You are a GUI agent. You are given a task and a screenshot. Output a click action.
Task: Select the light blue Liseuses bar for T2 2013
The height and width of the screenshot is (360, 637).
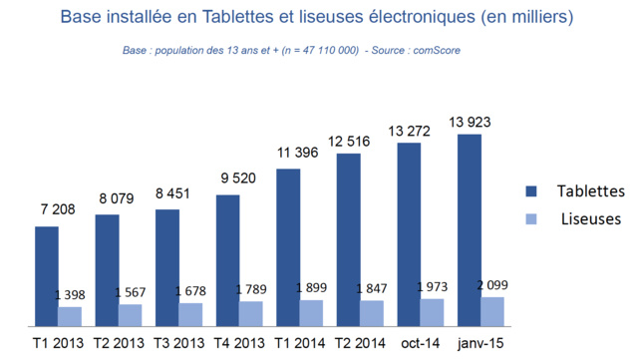(x=131, y=315)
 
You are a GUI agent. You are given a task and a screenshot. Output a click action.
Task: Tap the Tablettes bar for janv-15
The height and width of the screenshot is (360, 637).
(x=469, y=229)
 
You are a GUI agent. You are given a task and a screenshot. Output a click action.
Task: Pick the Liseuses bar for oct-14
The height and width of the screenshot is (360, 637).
(x=432, y=312)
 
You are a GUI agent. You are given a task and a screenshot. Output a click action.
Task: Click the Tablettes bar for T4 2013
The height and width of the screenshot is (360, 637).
(x=227, y=260)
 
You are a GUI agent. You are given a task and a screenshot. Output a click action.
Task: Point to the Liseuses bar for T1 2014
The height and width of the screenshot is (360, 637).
(x=311, y=313)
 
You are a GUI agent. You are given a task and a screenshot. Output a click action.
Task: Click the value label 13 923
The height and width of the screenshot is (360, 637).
(x=470, y=123)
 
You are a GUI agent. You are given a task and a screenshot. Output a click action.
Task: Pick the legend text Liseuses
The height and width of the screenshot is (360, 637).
(x=590, y=218)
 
